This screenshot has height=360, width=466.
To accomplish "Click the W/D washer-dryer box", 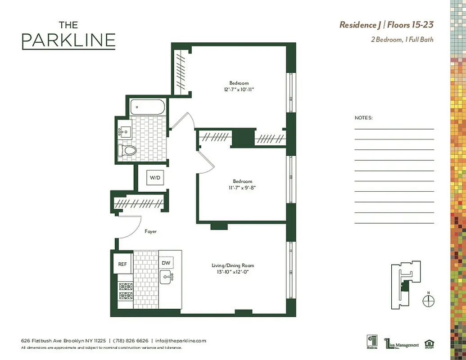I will [155, 178].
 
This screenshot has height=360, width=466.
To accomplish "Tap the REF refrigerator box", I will [122, 264].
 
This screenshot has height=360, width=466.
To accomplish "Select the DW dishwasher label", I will [166, 263].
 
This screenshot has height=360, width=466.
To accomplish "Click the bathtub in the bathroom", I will [148, 107].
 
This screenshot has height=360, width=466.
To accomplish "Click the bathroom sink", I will [125, 132].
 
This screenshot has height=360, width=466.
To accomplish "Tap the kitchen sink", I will [168, 277].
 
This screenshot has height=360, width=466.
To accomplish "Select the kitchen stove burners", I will [126, 291].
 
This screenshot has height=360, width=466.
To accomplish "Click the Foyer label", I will [150, 231].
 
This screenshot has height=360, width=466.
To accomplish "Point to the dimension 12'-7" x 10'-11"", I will [239, 90].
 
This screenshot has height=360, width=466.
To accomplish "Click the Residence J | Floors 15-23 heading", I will [386, 25].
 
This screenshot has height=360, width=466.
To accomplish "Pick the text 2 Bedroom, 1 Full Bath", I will [402, 40].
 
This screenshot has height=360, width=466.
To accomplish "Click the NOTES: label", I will [364, 118].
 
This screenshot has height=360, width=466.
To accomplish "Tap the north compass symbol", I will [429, 301].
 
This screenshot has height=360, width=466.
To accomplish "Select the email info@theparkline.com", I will [181, 341].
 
